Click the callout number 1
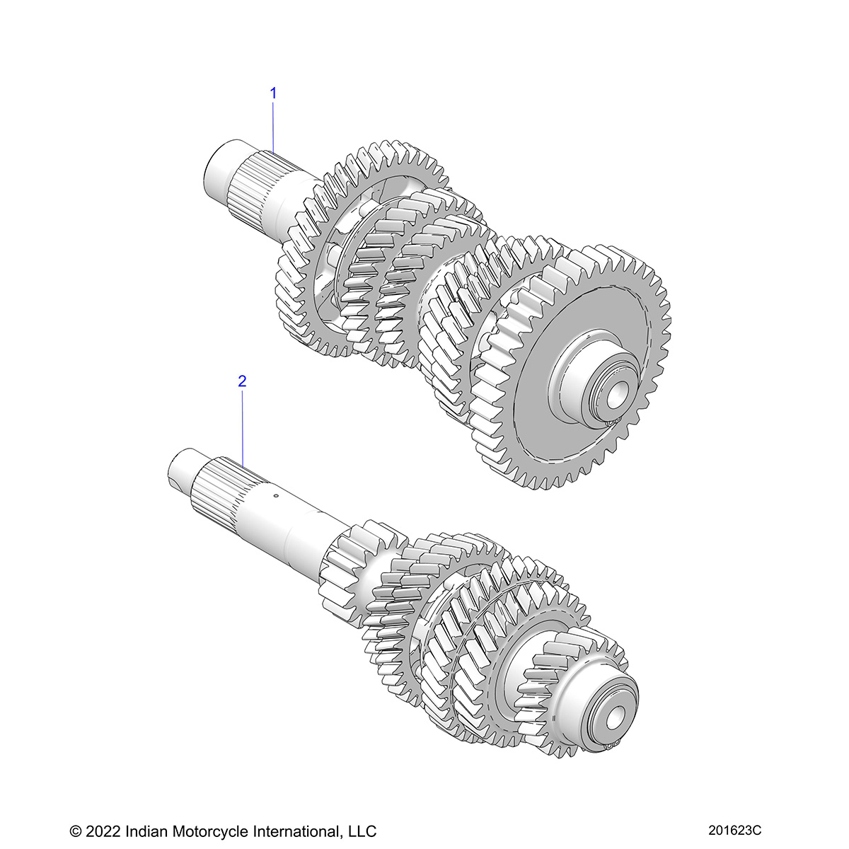[273, 93]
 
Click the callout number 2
[242, 381]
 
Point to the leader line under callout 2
[243, 424]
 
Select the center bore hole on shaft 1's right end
[615, 397]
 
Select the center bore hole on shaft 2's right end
[612, 717]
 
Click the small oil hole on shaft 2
[277, 496]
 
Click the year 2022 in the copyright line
[105, 831]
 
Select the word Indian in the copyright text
[146, 831]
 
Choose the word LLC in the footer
[361, 831]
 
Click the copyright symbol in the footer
[76, 831]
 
